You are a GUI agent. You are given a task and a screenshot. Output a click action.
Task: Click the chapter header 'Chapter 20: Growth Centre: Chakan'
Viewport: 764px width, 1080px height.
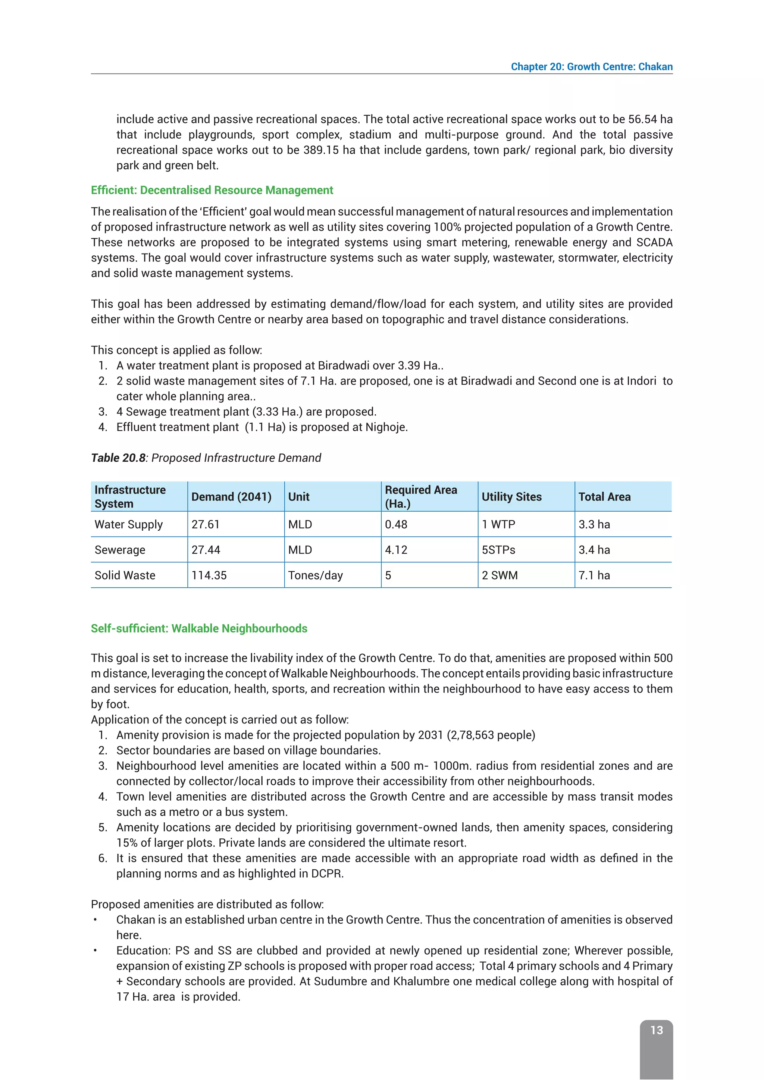pos(591,67)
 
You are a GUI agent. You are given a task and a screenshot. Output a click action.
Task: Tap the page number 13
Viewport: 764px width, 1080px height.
pos(656,1030)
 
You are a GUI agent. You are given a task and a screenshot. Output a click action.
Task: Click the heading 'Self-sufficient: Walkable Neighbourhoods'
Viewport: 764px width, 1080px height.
pos(199,628)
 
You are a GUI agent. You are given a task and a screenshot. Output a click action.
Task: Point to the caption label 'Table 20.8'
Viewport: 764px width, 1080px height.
pos(118,458)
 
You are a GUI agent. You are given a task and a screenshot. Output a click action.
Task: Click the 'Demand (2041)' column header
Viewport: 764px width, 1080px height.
pos(231,497)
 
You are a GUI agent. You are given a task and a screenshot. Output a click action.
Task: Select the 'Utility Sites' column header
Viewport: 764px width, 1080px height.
pos(511,497)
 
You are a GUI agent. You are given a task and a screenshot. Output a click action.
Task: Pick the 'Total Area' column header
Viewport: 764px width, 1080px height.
pos(604,497)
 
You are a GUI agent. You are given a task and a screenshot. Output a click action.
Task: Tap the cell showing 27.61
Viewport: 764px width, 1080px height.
pos(206,524)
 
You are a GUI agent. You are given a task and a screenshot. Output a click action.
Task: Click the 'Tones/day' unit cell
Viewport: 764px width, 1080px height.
pos(315,575)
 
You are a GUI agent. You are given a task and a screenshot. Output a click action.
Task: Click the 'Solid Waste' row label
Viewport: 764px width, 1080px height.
pos(125,575)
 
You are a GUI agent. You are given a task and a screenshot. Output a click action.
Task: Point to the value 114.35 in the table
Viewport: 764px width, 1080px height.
pos(209,575)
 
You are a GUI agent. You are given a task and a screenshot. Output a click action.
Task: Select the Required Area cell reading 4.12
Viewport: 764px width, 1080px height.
pos(396,550)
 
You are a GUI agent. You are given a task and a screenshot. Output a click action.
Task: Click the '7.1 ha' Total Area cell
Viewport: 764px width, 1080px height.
pos(594,575)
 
